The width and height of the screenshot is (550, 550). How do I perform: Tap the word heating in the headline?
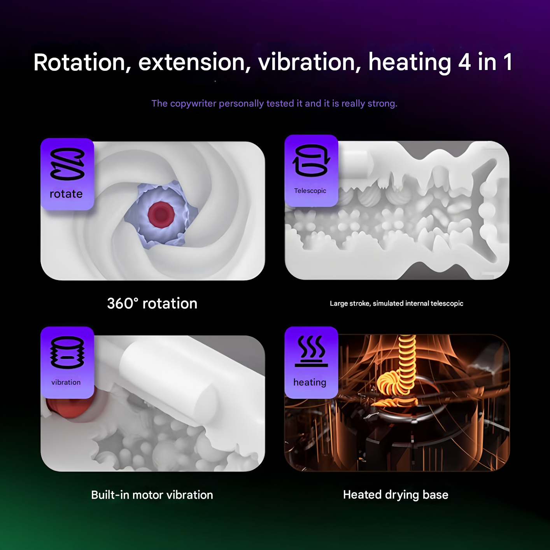410,62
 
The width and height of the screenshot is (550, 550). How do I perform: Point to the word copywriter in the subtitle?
193,103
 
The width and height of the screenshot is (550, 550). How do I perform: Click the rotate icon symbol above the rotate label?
67,164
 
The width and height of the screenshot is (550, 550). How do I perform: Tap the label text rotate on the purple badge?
66,194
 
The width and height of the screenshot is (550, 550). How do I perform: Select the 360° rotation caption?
152,303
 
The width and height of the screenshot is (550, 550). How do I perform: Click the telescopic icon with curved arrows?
311,161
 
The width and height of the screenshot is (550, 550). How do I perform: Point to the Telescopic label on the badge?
310,191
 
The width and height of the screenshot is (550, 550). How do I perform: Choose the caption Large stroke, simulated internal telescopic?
396,303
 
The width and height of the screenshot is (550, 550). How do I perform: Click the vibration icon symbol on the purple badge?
67,352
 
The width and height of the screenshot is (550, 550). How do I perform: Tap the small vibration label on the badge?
66,382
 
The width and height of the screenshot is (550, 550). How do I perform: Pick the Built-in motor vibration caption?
152,495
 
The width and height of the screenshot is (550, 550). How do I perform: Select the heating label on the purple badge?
310,382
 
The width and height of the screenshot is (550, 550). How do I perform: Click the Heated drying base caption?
396,495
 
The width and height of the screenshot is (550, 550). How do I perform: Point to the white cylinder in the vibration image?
167,377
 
